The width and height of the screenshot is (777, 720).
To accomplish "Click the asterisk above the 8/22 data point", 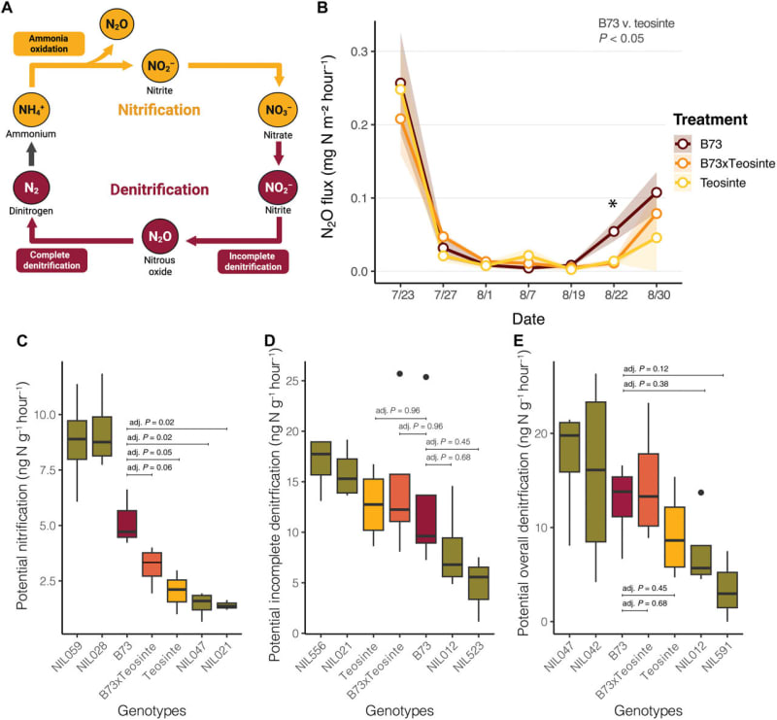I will pyautogui.click(x=613, y=205).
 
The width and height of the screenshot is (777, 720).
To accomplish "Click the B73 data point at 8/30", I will pyautogui.click(x=656, y=192).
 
